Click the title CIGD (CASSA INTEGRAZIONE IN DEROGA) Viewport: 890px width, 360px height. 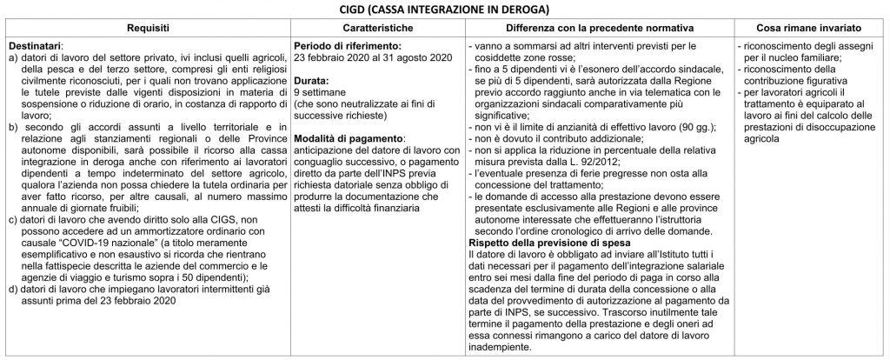click(444, 10)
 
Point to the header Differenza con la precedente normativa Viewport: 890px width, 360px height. click(595, 29)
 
